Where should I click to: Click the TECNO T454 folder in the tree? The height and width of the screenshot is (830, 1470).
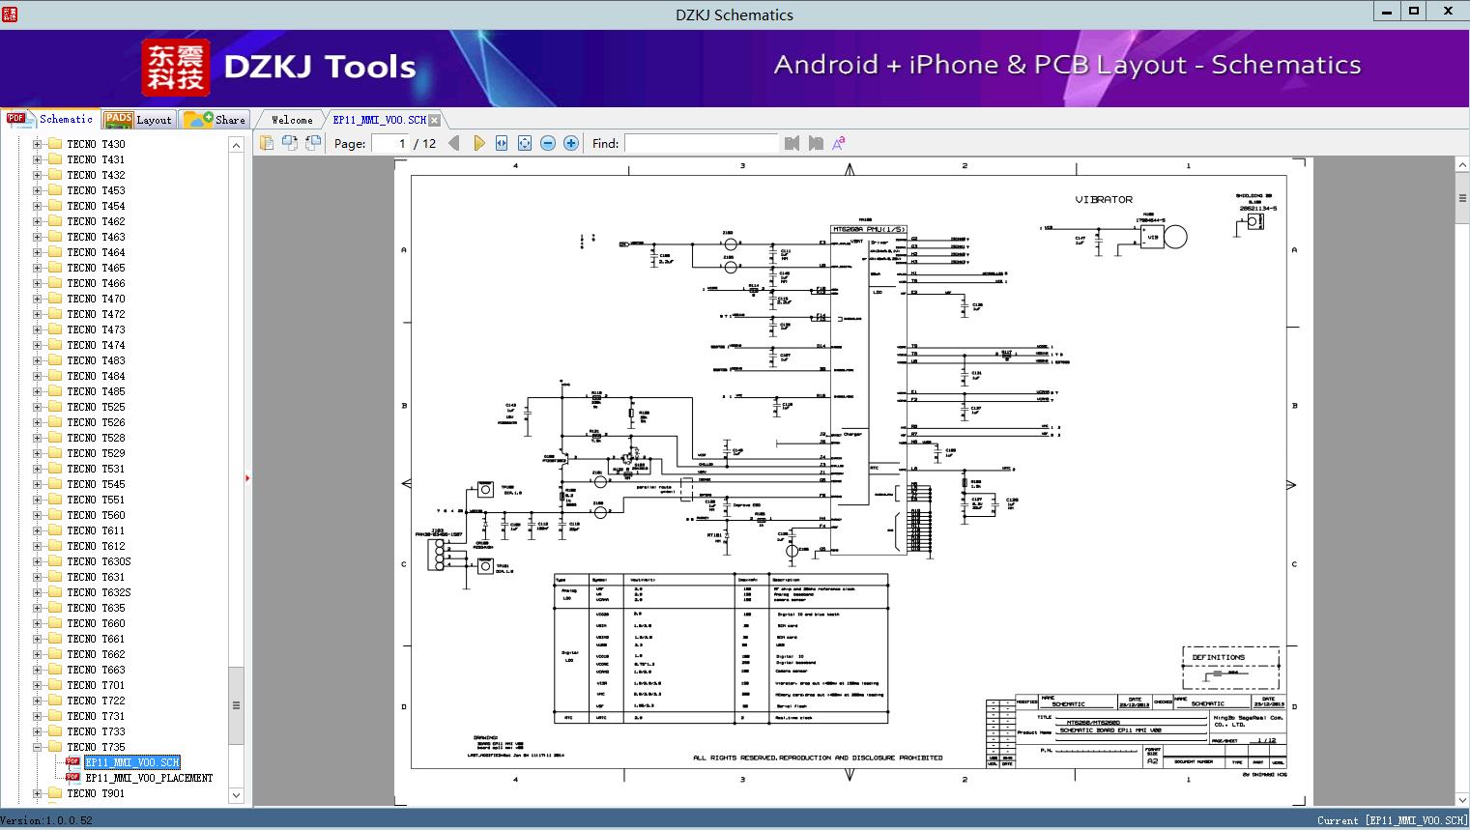tap(96, 206)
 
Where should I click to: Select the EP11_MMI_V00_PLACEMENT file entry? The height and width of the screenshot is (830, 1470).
tap(149, 778)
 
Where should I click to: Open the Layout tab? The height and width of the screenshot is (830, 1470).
tap(139, 120)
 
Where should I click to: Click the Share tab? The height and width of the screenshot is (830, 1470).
tap(216, 120)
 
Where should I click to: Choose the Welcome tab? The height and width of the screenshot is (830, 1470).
tap(292, 120)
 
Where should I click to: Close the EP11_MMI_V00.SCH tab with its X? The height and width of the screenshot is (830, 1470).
tap(435, 120)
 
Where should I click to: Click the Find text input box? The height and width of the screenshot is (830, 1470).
tap(701, 144)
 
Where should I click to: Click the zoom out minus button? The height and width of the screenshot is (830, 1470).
tap(548, 144)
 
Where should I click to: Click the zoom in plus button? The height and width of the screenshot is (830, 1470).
tap(571, 144)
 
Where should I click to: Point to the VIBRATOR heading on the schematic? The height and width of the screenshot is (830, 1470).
tap(1104, 200)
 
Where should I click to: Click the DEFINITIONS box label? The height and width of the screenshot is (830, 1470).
tap(1218, 657)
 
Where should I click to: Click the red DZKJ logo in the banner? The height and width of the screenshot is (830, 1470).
tap(176, 68)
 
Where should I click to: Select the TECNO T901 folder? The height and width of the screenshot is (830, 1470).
tap(96, 793)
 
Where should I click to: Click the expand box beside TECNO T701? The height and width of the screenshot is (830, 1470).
tap(37, 685)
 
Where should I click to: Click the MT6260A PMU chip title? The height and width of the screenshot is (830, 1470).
tap(869, 230)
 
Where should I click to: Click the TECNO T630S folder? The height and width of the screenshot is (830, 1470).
tap(99, 561)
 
